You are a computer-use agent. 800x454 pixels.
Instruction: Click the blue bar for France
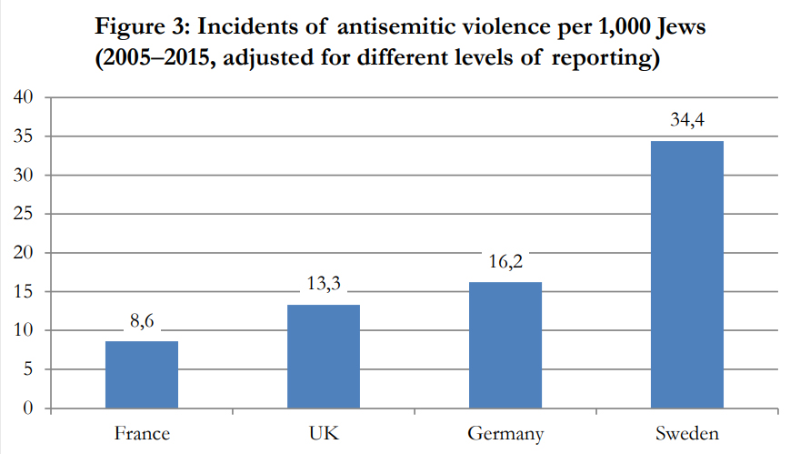[x=142, y=375]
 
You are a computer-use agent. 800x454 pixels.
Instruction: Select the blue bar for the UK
[x=324, y=357]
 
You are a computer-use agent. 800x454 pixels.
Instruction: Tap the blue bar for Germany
[x=505, y=345]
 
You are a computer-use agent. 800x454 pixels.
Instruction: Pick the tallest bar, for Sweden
[x=687, y=274]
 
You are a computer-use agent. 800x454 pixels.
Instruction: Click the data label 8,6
[x=142, y=322]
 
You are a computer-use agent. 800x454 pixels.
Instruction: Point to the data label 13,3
[x=324, y=286]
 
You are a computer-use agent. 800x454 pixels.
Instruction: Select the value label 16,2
[x=505, y=263]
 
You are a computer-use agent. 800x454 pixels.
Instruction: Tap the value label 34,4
[x=687, y=122]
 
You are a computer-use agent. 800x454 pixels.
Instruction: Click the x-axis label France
[x=142, y=433]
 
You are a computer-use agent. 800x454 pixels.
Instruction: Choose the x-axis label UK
[x=324, y=433]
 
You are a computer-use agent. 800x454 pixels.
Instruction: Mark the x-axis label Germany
[x=505, y=434]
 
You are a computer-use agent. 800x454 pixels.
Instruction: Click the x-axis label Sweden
[x=687, y=433]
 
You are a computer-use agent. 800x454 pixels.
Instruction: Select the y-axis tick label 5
[x=28, y=369]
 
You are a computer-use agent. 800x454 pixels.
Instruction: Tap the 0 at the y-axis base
[x=28, y=409]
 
